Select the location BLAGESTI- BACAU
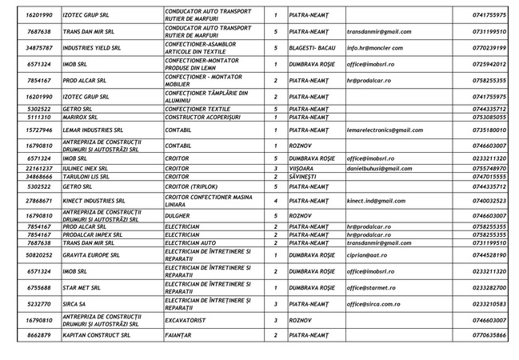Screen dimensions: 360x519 click(313, 48)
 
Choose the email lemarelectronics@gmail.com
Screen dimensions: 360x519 click(385, 130)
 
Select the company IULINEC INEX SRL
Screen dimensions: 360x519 click(86, 169)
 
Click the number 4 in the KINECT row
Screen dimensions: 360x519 click(275, 201)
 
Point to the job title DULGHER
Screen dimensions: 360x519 click(180, 216)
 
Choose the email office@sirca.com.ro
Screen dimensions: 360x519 click(373, 304)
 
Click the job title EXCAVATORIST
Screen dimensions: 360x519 click(188, 320)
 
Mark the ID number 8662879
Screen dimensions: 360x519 click(39, 335)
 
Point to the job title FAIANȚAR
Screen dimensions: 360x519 click(178, 335)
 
